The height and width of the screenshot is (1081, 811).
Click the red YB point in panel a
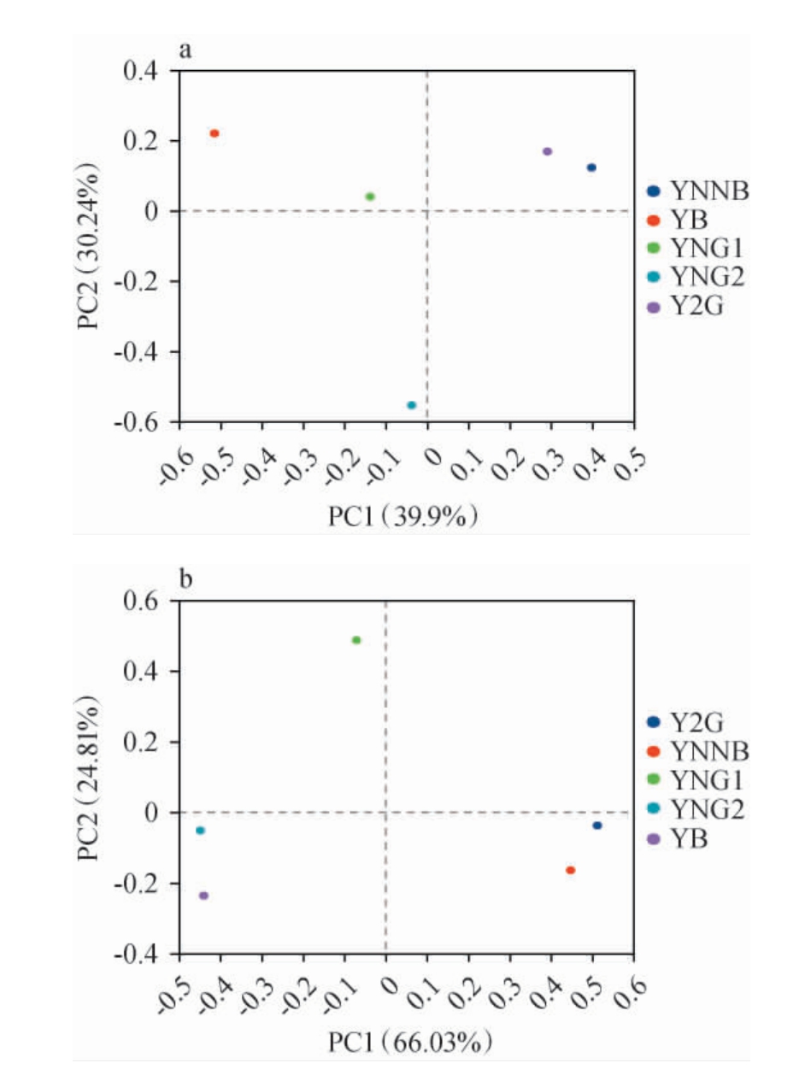coord(215,133)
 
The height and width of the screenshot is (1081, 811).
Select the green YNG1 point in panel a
coord(370,197)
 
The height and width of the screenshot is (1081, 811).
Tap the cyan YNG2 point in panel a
coord(411,405)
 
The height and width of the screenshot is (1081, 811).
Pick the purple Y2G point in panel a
coord(548,151)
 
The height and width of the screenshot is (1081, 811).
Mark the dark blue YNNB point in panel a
coord(591,167)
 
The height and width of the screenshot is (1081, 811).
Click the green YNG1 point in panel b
coord(356,640)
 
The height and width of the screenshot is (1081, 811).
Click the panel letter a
coord(185,50)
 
